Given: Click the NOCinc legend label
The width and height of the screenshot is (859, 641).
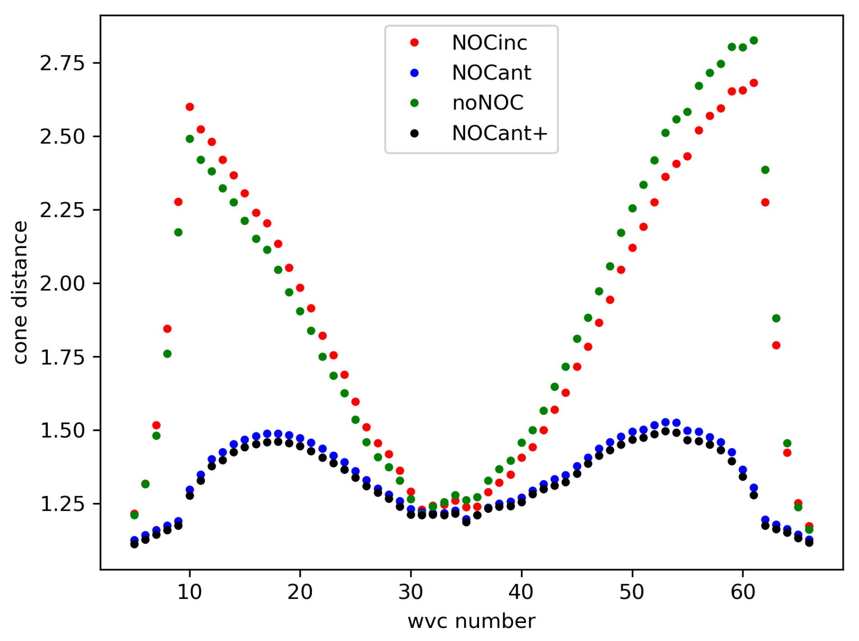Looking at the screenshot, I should [x=489, y=43].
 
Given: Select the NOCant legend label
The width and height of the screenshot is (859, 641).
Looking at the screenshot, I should [x=491, y=73].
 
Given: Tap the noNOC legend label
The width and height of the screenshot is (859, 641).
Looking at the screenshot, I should [x=488, y=103].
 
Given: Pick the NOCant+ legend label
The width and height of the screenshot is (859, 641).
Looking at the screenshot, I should [x=499, y=133].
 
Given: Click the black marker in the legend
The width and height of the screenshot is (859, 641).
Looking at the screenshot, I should [x=414, y=133].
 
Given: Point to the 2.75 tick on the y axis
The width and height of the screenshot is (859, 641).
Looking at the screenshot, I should [x=62, y=63].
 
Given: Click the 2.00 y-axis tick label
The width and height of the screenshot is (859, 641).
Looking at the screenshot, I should [x=62, y=283].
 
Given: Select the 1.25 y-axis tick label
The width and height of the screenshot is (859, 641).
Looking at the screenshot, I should [x=62, y=504].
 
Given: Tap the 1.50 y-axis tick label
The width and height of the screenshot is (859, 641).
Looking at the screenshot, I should [x=62, y=430].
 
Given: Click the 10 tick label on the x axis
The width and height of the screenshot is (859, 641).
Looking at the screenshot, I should [x=189, y=592].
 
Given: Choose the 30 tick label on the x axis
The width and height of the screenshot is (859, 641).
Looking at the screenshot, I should [x=411, y=592].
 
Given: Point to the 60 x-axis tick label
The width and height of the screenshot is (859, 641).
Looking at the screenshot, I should [x=742, y=592].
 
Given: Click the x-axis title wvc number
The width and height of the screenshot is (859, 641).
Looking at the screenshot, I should [x=471, y=621].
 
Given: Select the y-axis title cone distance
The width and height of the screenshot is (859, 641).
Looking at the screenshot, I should [x=20, y=292].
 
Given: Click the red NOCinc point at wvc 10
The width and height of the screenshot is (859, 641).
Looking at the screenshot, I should [x=190, y=107].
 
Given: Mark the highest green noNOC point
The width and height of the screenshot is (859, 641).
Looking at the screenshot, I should [x=754, y=41].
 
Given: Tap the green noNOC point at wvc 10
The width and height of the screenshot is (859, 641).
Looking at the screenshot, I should [x=190, y=139].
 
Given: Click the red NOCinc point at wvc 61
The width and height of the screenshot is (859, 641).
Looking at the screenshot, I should [x=754, y=83].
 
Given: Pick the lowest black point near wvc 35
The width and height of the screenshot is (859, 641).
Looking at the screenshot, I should [x=466, y=522].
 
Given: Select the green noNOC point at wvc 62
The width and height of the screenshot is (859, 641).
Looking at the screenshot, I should [x=765, y=170].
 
